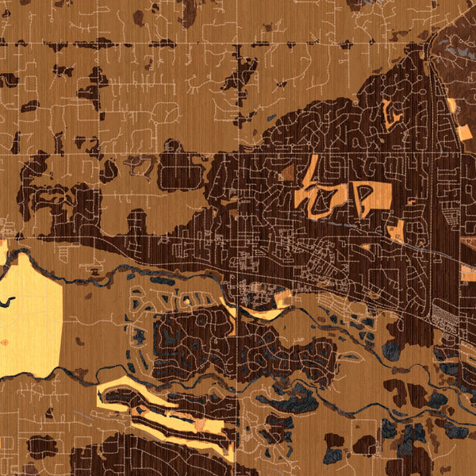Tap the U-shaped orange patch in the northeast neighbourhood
tap(390, 116)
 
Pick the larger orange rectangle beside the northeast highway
tap(395, 229)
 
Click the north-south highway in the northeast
tap(432, 159)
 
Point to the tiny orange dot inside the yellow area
tap(6, 343)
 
